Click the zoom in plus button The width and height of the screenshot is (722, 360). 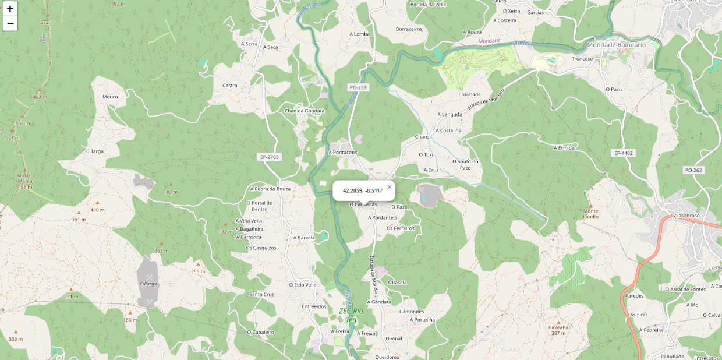pos(10,9)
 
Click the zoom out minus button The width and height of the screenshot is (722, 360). pos(10,23)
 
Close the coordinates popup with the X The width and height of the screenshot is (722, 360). pos(390,187)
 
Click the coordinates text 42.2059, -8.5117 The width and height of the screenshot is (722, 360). pos(362,190)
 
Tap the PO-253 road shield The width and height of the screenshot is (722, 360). pos(358,87)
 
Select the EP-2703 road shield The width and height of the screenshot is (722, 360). pos(270,157)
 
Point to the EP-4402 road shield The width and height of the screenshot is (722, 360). pos(623,153)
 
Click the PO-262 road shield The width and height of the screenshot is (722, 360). pos(693,170)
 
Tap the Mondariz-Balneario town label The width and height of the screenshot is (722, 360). pos(617,44)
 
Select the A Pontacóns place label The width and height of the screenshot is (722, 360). pos(343,152)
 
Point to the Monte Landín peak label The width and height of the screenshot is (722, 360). pos(590,214)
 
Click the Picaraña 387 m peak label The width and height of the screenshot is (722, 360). pos(558,330)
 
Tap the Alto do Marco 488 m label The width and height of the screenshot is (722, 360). pos(25,181)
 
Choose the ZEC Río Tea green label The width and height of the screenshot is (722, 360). pos(351,315)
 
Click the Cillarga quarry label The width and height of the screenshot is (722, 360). pos(148,284)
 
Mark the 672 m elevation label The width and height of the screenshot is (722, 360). pos(47,22)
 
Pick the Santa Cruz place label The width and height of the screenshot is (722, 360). pos(261,294)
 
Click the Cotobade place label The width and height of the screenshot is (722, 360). pos(469,94)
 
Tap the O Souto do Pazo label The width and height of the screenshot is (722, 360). pos(465,164)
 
